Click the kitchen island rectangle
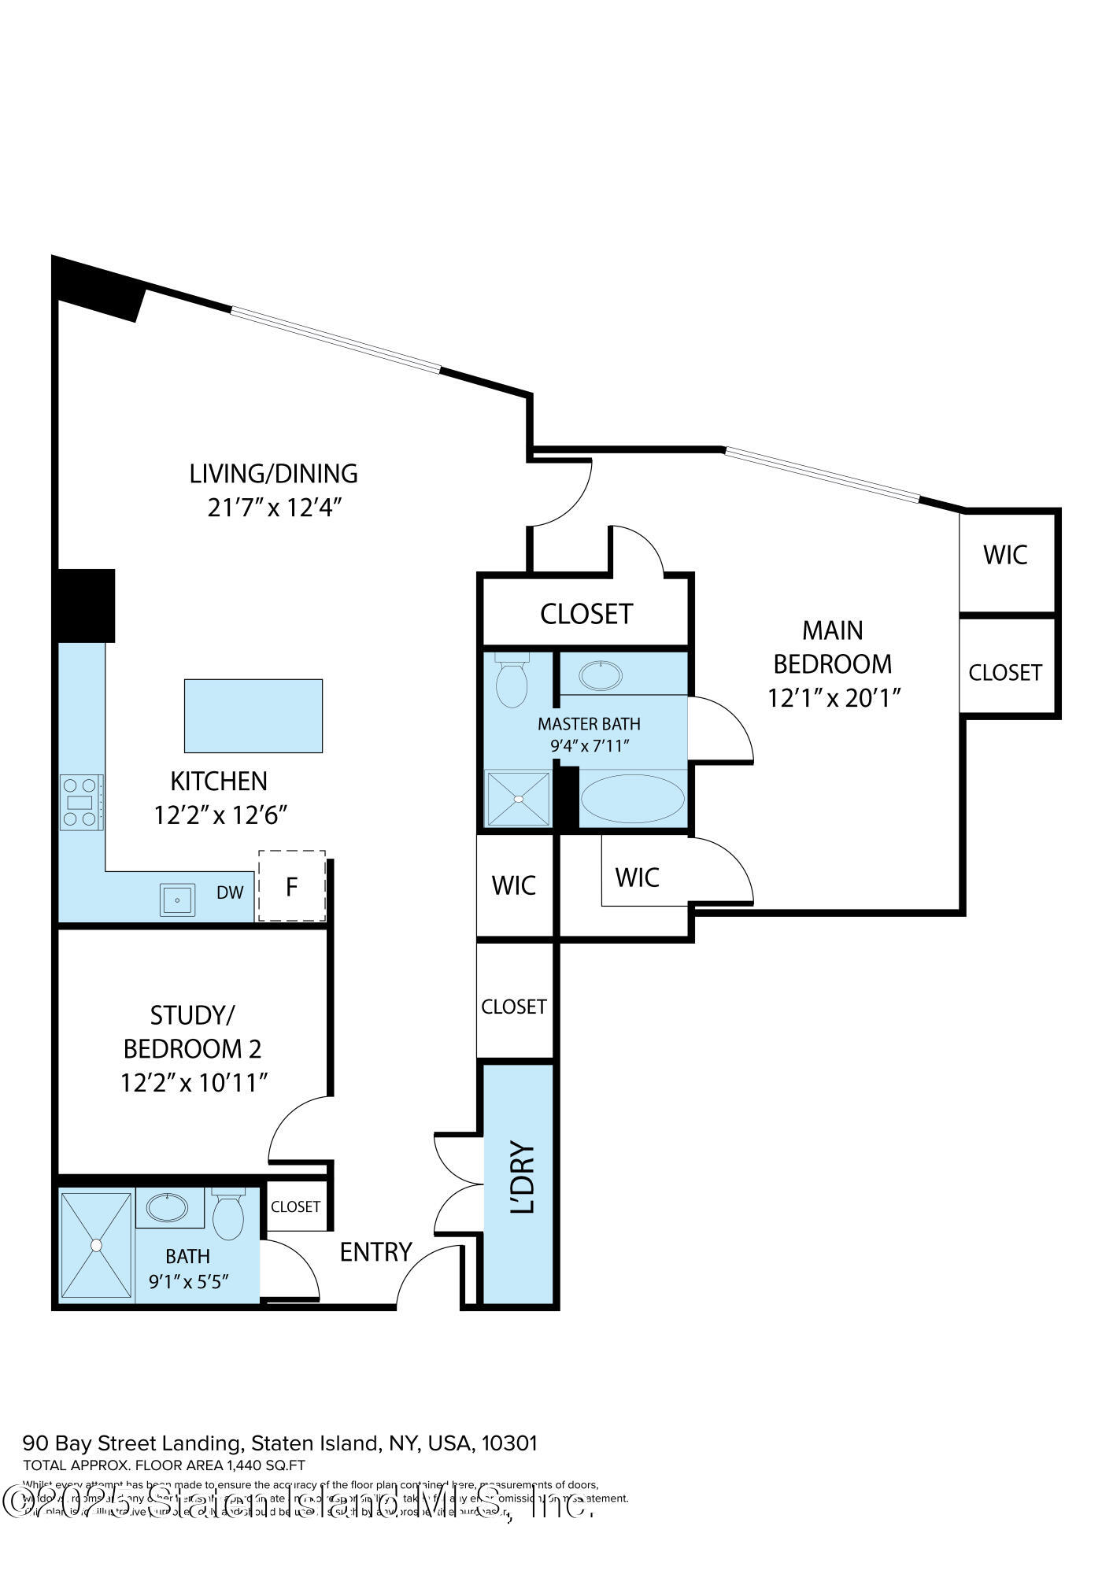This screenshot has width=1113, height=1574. click(253, 715)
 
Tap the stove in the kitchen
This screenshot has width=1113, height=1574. click(81, 802)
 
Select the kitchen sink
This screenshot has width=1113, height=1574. click(178, 900)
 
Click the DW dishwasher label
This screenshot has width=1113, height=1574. click(230, 892)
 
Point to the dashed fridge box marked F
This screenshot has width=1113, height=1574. click(291, 886)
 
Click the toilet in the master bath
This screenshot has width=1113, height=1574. click(512, 681)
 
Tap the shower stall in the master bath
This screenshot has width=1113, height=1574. click(518, 799)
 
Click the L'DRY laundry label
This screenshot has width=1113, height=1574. click(523, 1177)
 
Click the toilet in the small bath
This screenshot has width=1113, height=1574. click(229, 1215)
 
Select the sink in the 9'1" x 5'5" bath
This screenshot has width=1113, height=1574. click(168, 1207)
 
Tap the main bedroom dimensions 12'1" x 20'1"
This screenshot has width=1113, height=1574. click(834, 698)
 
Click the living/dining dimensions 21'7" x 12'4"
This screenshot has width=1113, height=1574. click(273, 508)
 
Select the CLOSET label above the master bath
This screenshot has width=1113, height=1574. click(586, 614)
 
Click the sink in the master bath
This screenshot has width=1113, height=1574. click(601, 675)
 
